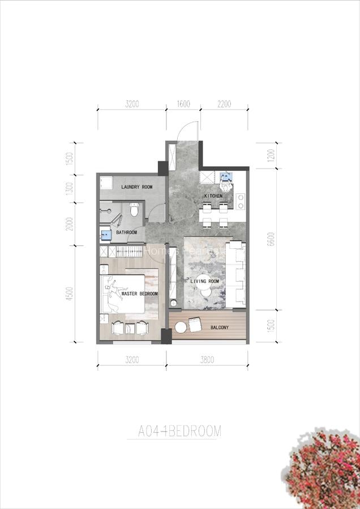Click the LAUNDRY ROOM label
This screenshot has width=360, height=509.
pyautogui.click(x=137, y=187)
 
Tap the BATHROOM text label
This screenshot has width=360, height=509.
pyautogui.click(x=127, y=232)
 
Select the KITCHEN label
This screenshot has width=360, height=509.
pyautogui.click(x=213, y=196)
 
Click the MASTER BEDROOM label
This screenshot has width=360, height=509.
pyautogui.click(x=139, y=294)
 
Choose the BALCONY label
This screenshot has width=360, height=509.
pyautogui.click(x=220, y=327)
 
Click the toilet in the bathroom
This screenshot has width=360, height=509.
pyautogui.click(x=134, y=210)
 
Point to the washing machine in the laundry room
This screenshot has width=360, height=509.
pyautogui.click(x=106, y=183)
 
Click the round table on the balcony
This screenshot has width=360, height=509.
pyautogui.click(x=181, y=327)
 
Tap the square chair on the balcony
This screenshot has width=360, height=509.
pyautogui.click(x=194, y=325)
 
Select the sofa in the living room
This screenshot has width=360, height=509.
pyautogui.click(x=237, y=275)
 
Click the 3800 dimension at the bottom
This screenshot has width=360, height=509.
pyautogui.click(x=207, y=359)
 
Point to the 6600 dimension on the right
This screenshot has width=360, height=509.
pyautogui.click(x=271, y=239)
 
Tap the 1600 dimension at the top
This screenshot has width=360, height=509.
pyautogui.click(x=183, y=104)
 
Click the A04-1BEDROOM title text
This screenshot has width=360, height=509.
pyautogui.click(x=180, y=432)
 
